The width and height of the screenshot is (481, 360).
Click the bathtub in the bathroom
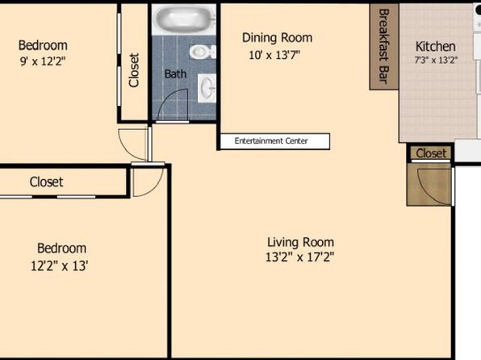(184, 19)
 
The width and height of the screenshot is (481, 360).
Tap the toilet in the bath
(203, 52)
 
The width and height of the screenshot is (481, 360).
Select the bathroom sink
(207, 88)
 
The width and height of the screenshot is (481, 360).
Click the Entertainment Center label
(271, 141)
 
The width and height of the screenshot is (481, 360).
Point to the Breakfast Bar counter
(384, 47)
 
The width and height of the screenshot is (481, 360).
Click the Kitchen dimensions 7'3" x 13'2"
(436, 60)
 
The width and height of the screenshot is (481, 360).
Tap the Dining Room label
(278, 38)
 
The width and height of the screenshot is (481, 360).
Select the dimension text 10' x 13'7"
(274, 55)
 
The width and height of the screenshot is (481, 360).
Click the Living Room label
(300, 242)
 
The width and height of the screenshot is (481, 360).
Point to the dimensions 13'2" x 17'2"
(299, 257)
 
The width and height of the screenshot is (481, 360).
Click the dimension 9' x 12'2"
(43, 61)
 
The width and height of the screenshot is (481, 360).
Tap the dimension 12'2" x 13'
(60, 266)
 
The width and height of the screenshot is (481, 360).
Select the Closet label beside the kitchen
(431, 153)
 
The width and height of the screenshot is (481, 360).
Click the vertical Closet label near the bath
(134, 70)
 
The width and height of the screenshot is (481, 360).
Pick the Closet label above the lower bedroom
(46, 182)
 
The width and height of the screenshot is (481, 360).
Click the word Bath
(175, 73)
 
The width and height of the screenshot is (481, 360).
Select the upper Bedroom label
(43, 45)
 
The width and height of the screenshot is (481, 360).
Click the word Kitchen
(435, 47)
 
